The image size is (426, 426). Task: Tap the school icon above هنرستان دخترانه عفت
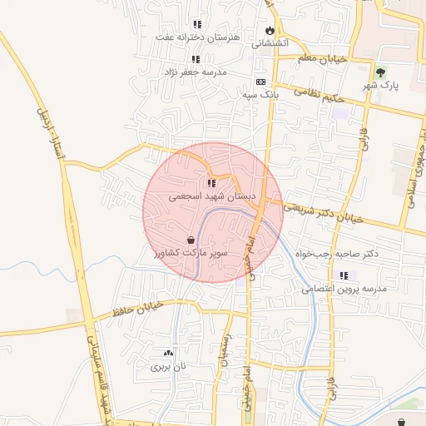(x=196, y=24)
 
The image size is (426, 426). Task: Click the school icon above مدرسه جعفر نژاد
(x=196, y=59)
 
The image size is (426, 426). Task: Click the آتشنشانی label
(x=270, y=42)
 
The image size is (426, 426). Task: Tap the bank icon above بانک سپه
(x=260, y=82)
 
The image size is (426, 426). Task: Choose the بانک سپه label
(x=260, y=95)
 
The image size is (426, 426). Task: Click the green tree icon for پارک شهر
(x=380, y=72)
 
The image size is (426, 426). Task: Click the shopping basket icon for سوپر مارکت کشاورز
(x=192, y=240)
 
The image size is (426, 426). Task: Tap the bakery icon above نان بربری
(x=169, y=354)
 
